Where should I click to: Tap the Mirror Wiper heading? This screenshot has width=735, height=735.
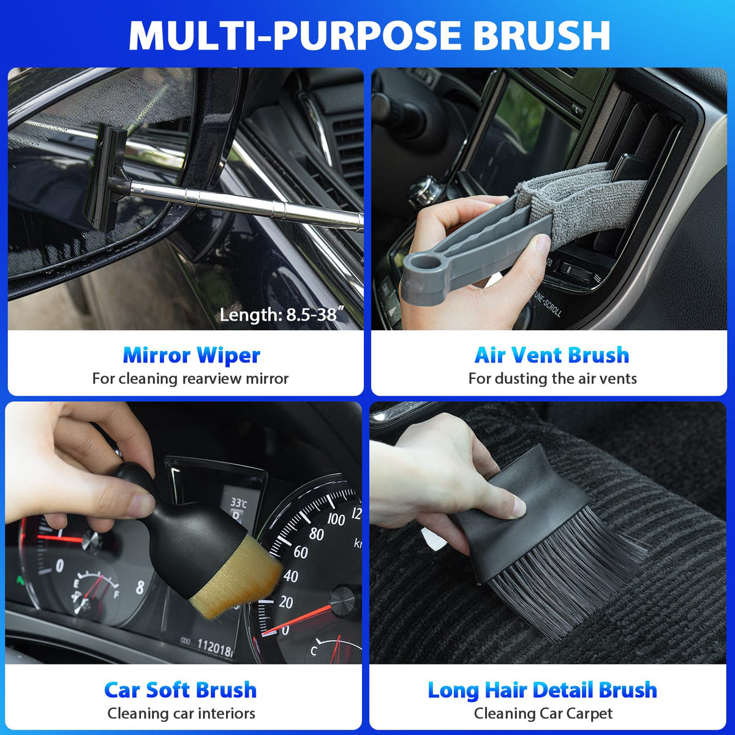point(192,355)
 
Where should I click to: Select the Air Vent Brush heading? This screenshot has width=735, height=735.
point(551,355)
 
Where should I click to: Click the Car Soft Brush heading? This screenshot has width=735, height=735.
point(181,690)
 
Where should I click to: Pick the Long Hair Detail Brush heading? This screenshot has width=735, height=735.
point(543,691)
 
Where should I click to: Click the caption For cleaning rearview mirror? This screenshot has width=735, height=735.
point(190,379)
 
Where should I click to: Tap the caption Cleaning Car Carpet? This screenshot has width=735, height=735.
point(543,714)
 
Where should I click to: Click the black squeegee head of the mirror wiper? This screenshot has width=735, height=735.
point(106,178)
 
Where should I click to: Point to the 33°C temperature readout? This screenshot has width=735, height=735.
point(238,503)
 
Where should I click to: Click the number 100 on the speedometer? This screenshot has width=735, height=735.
point(336,519)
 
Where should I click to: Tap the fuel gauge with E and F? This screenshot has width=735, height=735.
point(96,591)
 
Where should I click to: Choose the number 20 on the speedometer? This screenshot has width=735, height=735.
point(285,602)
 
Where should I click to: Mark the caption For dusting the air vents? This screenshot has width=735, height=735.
point(552,379)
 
